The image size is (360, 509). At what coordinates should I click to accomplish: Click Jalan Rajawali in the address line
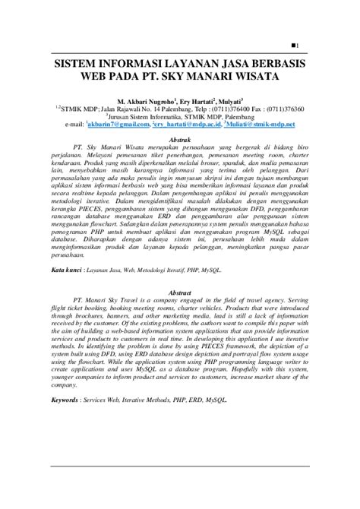click(113, 109)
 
